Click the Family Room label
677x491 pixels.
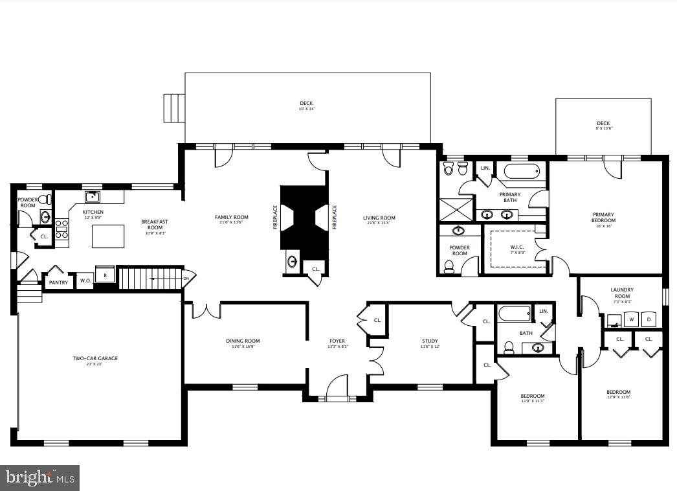232,218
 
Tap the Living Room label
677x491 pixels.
379,218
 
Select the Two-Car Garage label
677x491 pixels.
94,358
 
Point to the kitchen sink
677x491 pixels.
92,196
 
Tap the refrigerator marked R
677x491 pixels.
105,275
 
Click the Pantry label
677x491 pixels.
58,282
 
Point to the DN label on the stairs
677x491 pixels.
186,279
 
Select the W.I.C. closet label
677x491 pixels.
516,246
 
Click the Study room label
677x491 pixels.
430,341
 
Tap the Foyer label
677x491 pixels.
337,341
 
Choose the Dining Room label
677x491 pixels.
243,341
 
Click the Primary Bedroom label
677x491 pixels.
603,215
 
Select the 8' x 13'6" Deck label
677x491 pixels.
603,124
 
